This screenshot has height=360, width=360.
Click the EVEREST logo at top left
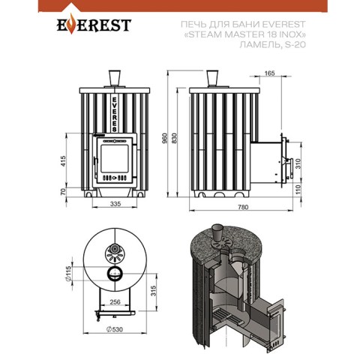(94, 24)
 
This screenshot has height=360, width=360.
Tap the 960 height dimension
(164, 138)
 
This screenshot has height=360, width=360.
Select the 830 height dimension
(174, 138)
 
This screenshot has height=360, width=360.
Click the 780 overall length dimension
(242, 207)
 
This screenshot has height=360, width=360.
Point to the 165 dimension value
(269, 73)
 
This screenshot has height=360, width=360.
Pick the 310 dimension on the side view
(298, 163)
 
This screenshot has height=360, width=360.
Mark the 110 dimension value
(298, 190)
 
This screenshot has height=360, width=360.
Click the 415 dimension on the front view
(63, 161)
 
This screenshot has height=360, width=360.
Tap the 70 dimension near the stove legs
(63, 191)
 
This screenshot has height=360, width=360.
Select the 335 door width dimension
(115, 204)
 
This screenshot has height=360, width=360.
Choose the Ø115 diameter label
(69, 274)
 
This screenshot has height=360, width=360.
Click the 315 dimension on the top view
(154, 291)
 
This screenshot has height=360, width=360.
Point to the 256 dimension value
(115, 302)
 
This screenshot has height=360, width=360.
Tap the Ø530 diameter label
(115, 329)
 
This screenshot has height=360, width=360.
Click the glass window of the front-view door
(115, 158)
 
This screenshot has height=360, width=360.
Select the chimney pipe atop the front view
(115, 78)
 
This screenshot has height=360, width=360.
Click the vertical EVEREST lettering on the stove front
(115, 114)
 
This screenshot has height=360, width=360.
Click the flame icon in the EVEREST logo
(71, 24)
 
